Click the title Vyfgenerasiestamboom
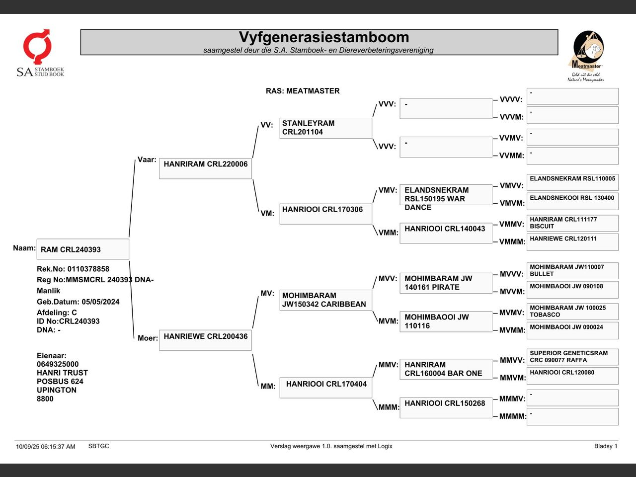324,37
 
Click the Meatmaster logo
587,56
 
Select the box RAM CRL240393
82,249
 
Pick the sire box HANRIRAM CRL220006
205,168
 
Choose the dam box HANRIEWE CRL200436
205,340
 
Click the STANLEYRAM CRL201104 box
325,128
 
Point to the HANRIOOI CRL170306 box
325,214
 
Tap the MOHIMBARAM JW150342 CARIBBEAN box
325,300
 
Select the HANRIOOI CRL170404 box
325,388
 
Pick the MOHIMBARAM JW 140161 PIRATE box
446,283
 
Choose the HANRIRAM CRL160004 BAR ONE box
446,369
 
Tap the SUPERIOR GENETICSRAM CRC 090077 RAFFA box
572,357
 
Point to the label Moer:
148,338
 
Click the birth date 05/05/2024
101,302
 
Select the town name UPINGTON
57,390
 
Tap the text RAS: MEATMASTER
303,91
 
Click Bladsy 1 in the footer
605,446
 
